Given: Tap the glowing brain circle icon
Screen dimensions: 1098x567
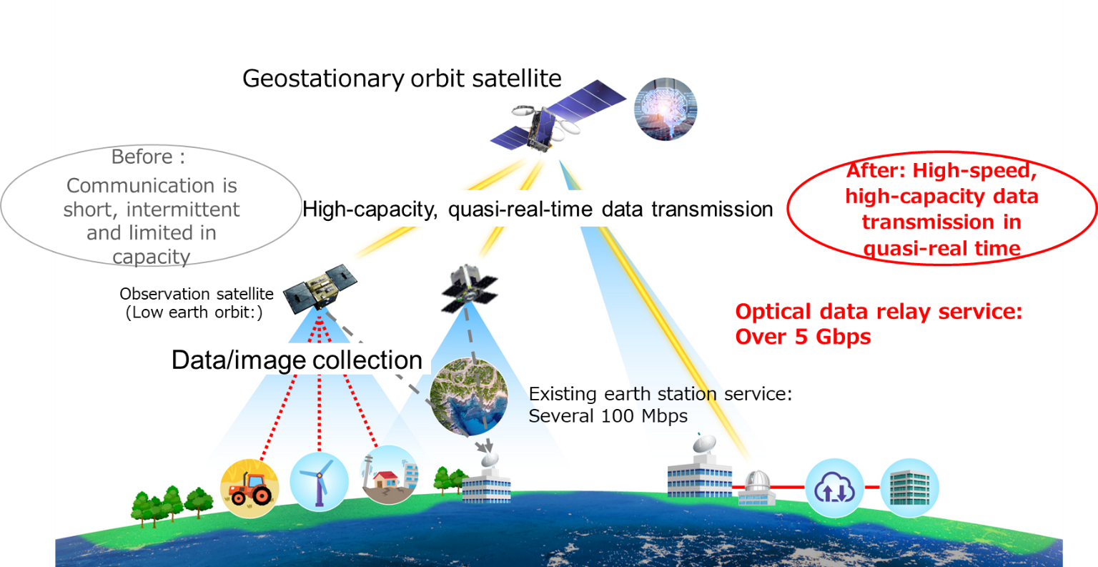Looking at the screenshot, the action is pyautogui.click(x=666, y=109).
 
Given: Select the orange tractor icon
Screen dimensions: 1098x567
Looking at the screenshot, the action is pyautogui.click(x=249, y=488).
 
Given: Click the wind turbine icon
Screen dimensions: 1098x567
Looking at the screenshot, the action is pyautogui.click(x=319, y=482).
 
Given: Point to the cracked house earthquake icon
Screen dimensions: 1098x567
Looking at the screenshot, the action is pyautogui.click(x=389, y=475).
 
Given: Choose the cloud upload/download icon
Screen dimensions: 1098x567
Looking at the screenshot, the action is pyautogui.click(x=834, y=488).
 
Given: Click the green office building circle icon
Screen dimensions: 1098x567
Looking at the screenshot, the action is pyautogui.click(x=910, y=488).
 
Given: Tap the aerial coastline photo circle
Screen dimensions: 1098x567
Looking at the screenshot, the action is pyautogui.click(x=469, y=397).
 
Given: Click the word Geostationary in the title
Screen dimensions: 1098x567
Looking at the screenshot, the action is pyautogui.click(x=324, y=79).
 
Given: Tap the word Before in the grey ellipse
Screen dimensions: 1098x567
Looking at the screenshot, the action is pyautogui.click(x=142, y=157).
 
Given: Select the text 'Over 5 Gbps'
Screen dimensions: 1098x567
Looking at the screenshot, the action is pyautogui.click(x=803, y=337).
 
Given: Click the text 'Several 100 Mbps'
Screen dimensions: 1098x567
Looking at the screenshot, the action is pyautogui.click(x=608, y=416).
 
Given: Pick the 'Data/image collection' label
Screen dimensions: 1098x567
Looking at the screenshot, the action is pyautogui.click(x=297, y=360).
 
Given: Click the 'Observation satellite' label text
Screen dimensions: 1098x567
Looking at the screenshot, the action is pyautogui.click(x=197, y=294).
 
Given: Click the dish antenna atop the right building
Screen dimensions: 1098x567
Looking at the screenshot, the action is pyautogui.click(x=704, y=444).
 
